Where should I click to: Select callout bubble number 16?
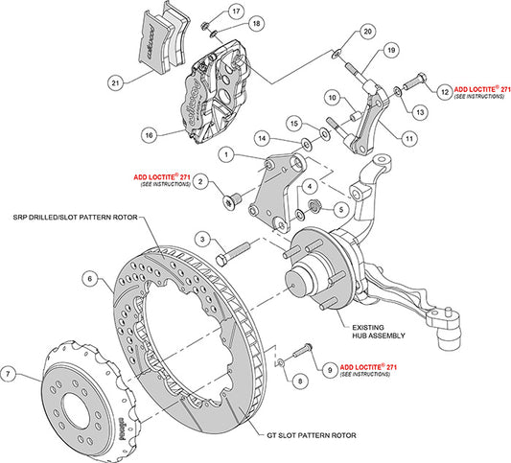coord(149,133)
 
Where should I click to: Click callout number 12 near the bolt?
coord(445,91)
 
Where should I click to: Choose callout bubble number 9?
coord(329,366)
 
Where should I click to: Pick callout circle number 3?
coord(202,238)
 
